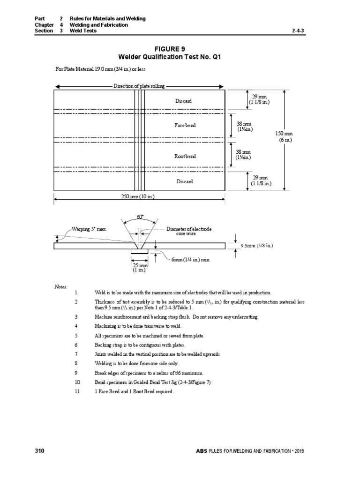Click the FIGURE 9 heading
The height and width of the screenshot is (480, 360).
coord(170,49)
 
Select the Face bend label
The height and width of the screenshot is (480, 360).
coord(185,125)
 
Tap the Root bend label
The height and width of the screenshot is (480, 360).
coord(185,156)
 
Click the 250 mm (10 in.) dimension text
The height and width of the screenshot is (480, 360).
coord(138,196)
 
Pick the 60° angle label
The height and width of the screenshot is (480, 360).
coord(140,217)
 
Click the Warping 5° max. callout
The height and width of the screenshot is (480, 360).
coord(90,229)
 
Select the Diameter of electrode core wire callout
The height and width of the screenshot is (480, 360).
coord(189,231)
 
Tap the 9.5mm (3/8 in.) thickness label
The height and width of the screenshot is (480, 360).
coord(257,246)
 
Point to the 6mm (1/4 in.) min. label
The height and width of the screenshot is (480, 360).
coord(191,260)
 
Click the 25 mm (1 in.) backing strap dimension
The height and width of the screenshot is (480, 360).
coord(139,267)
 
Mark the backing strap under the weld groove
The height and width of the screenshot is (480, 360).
coord(140,251)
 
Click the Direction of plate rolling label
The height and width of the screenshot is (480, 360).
coord(139,86)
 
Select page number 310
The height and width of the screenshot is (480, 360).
coord(39,450)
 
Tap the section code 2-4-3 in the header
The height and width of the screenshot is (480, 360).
coord(298,30)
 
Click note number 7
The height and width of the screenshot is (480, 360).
coord(76,354)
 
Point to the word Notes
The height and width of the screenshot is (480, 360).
coord(61,287)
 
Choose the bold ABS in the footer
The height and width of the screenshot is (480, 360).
coord(202,451)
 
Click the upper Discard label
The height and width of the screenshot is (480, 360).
coord(184,101)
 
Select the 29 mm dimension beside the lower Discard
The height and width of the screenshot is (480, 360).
coord(261,180)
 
